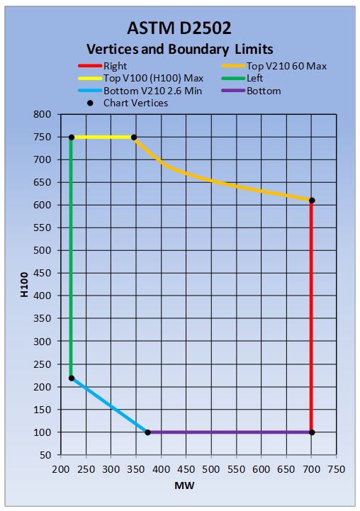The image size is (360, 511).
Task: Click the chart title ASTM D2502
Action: point(179,28)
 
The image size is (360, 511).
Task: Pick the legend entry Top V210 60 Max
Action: point(286,66)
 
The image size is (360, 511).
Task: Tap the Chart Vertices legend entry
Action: point(135,103)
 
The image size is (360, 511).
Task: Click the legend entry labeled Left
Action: point(255,78)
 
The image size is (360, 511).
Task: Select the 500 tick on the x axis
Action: point(211,468)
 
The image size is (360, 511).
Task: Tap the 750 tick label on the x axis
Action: point(337,468)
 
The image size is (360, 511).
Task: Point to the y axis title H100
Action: point(25,284)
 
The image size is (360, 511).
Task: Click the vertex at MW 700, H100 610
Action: point(312,200)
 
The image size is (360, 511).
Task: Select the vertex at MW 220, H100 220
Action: point(72,378)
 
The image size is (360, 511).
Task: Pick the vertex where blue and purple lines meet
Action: point(147,432)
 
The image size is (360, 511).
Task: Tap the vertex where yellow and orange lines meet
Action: point(134,137)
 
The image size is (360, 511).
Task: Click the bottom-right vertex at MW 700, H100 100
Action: point(312,432)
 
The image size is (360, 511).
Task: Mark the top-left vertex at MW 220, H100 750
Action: point(72,137)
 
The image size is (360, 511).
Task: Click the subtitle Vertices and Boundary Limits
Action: point(179,50)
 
